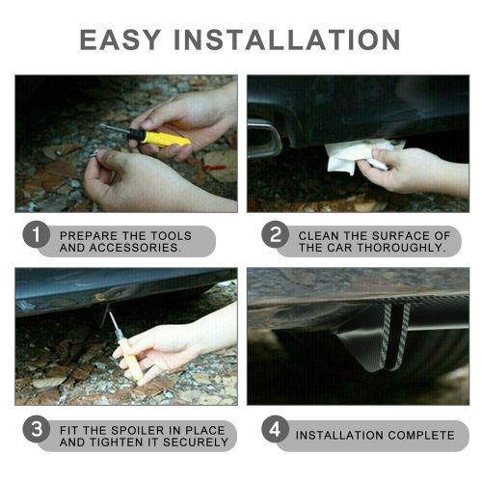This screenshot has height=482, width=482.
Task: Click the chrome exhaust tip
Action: pyautogui.click(x=263, y=139)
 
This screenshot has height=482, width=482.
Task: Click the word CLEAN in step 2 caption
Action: pyautogui.click(x=319, y=235)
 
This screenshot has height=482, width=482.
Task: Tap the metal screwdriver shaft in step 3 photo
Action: pyautogui.click(x=116, y=326)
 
